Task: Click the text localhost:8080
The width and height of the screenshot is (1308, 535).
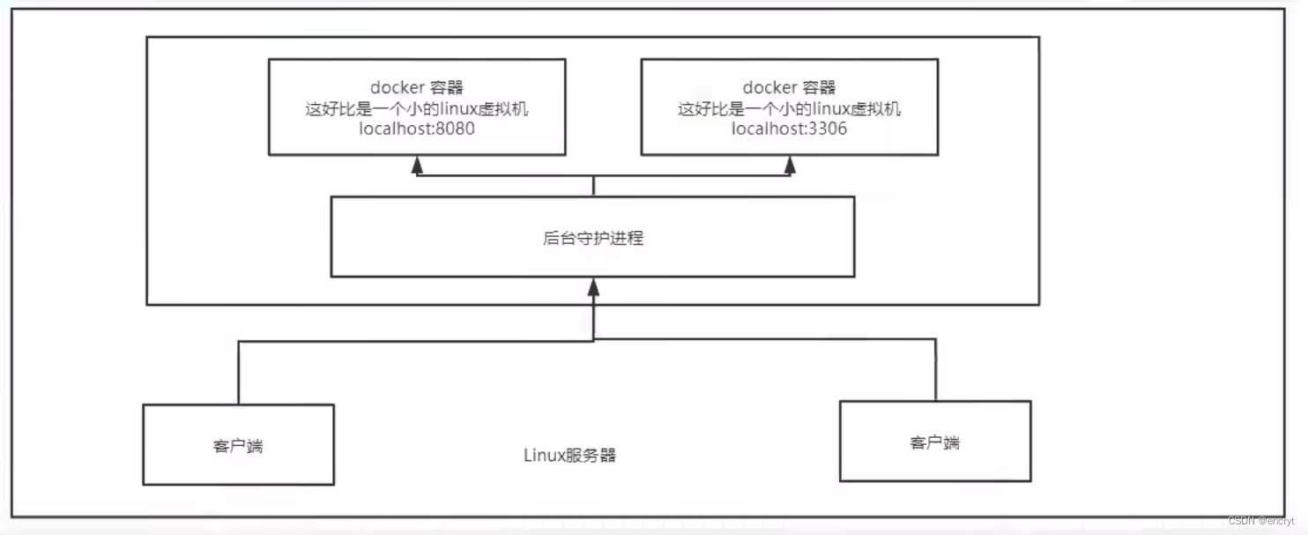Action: point(417,130)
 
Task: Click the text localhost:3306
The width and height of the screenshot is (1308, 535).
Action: point(789,130)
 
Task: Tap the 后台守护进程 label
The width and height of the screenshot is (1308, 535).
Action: point(593,238)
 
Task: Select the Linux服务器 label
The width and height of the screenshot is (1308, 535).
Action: point(569,456)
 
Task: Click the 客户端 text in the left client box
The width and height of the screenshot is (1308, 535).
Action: point(238,446)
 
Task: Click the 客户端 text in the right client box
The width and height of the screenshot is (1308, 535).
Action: point(934,442)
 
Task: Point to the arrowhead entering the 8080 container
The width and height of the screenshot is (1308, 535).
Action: point(417,165)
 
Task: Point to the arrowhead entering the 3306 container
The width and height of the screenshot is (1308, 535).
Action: point(789,165)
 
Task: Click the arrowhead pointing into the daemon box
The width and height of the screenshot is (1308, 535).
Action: point(593,286)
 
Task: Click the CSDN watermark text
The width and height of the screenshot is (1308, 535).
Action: point(1260,521)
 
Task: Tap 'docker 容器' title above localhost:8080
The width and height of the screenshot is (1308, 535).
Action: point(417,87)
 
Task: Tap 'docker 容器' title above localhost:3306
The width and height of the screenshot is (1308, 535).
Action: point(789,87)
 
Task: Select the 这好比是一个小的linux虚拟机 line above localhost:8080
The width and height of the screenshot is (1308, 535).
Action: point(417,108)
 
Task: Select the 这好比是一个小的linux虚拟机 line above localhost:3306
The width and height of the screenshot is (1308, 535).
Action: point(789,108)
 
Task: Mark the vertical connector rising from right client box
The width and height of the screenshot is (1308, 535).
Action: point(935,370)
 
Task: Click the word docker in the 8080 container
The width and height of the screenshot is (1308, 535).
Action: point(398,87)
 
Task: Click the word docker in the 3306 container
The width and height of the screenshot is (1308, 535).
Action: point(769,87)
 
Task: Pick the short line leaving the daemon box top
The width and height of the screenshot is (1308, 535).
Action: point(593,185)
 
